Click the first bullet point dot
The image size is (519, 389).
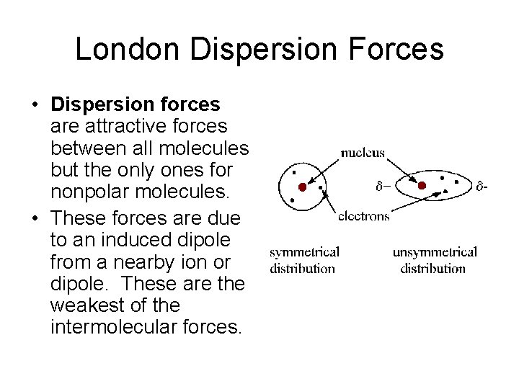click(35, 105)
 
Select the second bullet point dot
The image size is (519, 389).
click(35, 218)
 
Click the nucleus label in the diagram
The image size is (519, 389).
click(363, 153)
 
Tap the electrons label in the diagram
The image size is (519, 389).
click(363, 215)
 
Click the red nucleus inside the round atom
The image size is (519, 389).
click(303, 187)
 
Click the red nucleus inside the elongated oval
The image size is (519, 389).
click(422, 185)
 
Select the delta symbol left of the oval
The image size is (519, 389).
click(383, 187)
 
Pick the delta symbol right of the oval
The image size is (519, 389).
click(482, 187)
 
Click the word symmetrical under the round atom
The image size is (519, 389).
click(304, 252)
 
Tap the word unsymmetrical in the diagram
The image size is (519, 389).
click(434, 252)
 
